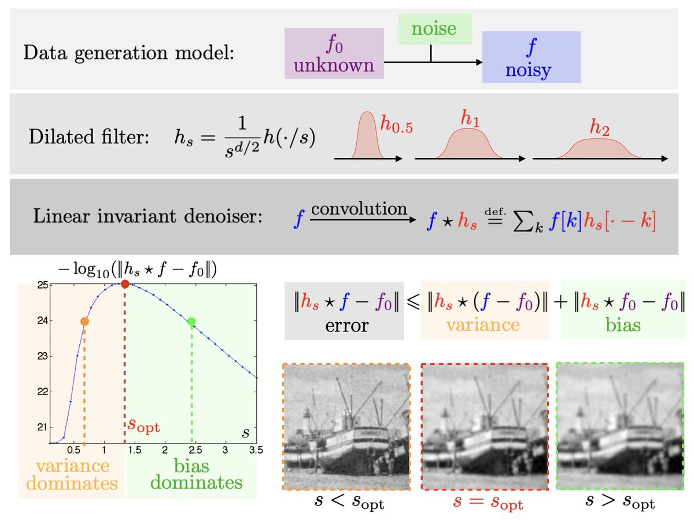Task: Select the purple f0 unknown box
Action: [334, 53]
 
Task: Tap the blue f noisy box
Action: [531, 57]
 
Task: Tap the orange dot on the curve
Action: [84, 322]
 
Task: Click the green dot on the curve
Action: [192, 322]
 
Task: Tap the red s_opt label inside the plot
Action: [143, 427]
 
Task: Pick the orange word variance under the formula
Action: [483, 324]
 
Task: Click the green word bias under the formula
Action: [622, 324]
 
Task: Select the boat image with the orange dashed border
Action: [346, 427]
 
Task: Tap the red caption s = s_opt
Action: [483, 502]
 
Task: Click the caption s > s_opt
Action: [621, 502]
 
